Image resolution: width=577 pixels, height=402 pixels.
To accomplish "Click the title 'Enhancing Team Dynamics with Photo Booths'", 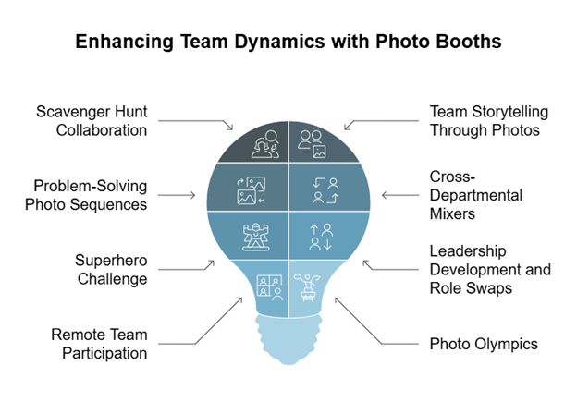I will [x=288, y=42].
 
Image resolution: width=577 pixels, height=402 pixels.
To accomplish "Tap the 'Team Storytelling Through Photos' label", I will [x=488, y=121].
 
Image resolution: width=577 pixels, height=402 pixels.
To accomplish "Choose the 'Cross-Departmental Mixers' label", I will [x=475, y=196].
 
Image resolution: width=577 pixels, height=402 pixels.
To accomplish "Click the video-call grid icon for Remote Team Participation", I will [x=269, y=285].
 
